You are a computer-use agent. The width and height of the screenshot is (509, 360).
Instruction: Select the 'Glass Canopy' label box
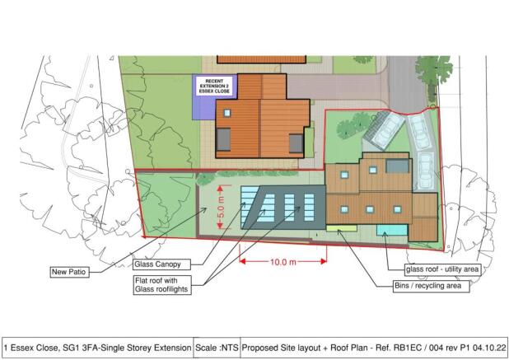(x=161, y=264)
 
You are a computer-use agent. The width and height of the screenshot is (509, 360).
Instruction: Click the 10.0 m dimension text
(x=282, y=262)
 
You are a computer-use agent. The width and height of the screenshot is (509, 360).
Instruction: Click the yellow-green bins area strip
(x=340, y=227)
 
